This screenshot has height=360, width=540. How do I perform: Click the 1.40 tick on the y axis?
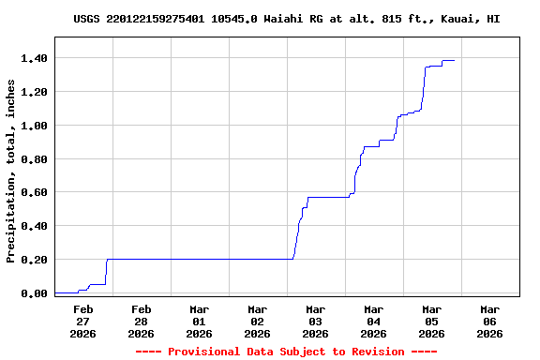point(35,58)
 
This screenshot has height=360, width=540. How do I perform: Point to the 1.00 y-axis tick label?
point(35,126)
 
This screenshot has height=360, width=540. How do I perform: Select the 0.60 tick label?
point(35,192)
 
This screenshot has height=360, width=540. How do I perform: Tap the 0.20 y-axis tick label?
point(35,260)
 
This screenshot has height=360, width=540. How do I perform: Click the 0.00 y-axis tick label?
point(35,293)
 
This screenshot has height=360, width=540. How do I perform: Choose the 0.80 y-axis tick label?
point(35,159)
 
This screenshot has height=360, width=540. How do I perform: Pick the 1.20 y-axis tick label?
point(35,92)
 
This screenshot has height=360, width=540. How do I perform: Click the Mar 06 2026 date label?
point(489,321)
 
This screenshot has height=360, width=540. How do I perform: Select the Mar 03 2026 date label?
point(315,321)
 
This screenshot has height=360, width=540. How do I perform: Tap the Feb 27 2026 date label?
point(82,321)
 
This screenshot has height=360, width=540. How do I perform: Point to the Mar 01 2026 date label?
point(199,321)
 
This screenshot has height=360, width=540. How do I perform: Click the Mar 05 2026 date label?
point(431,321)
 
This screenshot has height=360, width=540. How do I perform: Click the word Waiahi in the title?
point(287,19)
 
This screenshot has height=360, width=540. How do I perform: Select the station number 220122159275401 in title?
point(159,19)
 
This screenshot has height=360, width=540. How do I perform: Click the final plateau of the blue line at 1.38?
point(448,60)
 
